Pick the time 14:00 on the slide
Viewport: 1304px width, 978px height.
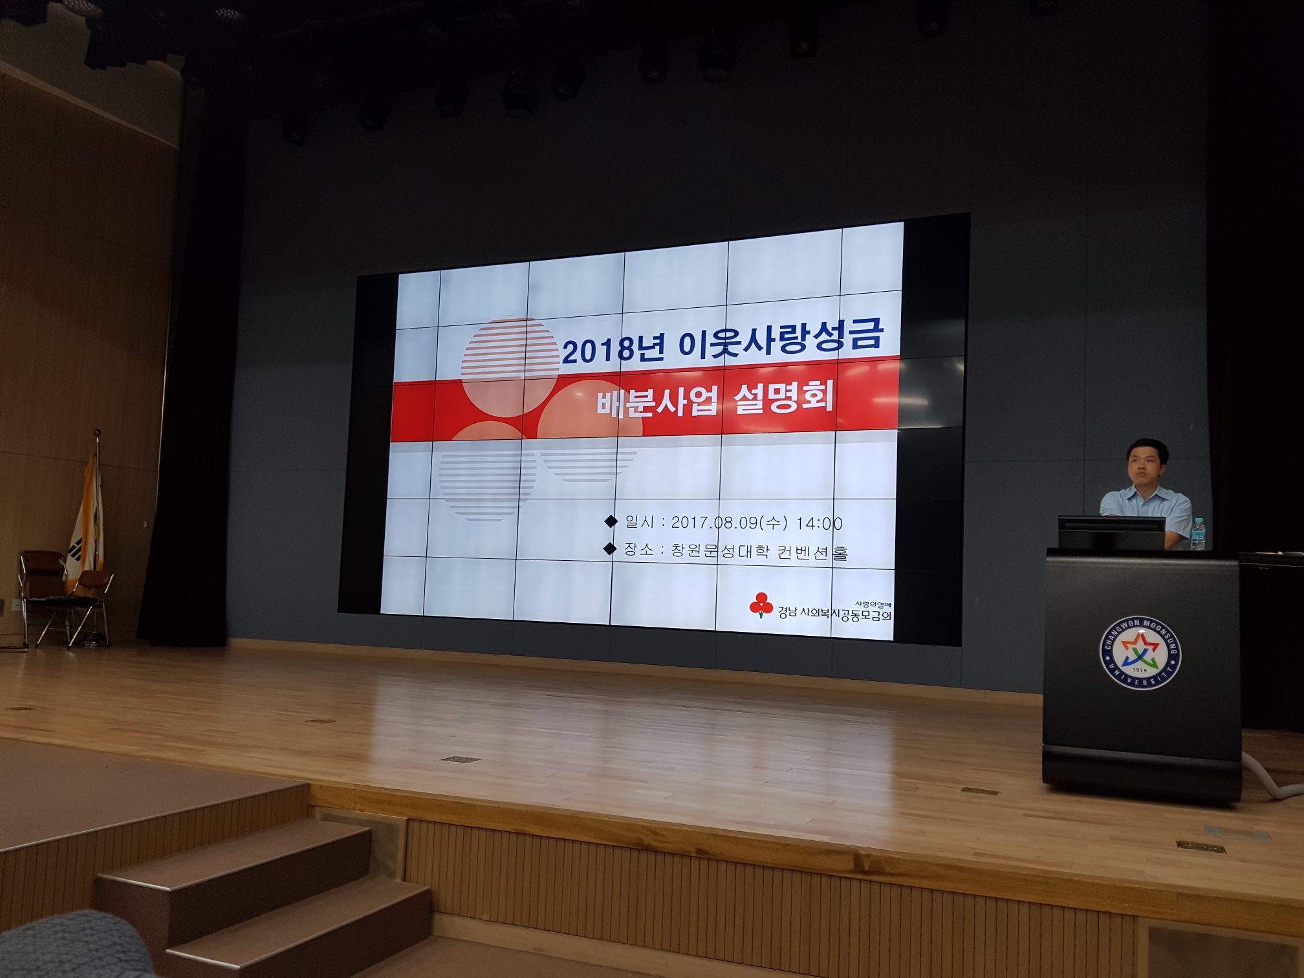pyautogui.click(x=819, y=523)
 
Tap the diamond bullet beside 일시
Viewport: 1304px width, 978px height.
pyautogui.click(x=610, y=521)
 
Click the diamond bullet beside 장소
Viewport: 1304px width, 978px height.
pyautogui.click(x=609, y=549)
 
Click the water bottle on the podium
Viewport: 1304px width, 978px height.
pyautogui.click(x=1198, y=534)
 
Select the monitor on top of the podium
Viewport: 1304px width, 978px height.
pyautogui.click(x=1111, y=532)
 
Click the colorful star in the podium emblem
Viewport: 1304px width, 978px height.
pyautogui.click(x=1140, y=652)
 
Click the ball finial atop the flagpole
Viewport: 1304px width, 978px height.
pyautogui.click(x=97, y=431)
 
